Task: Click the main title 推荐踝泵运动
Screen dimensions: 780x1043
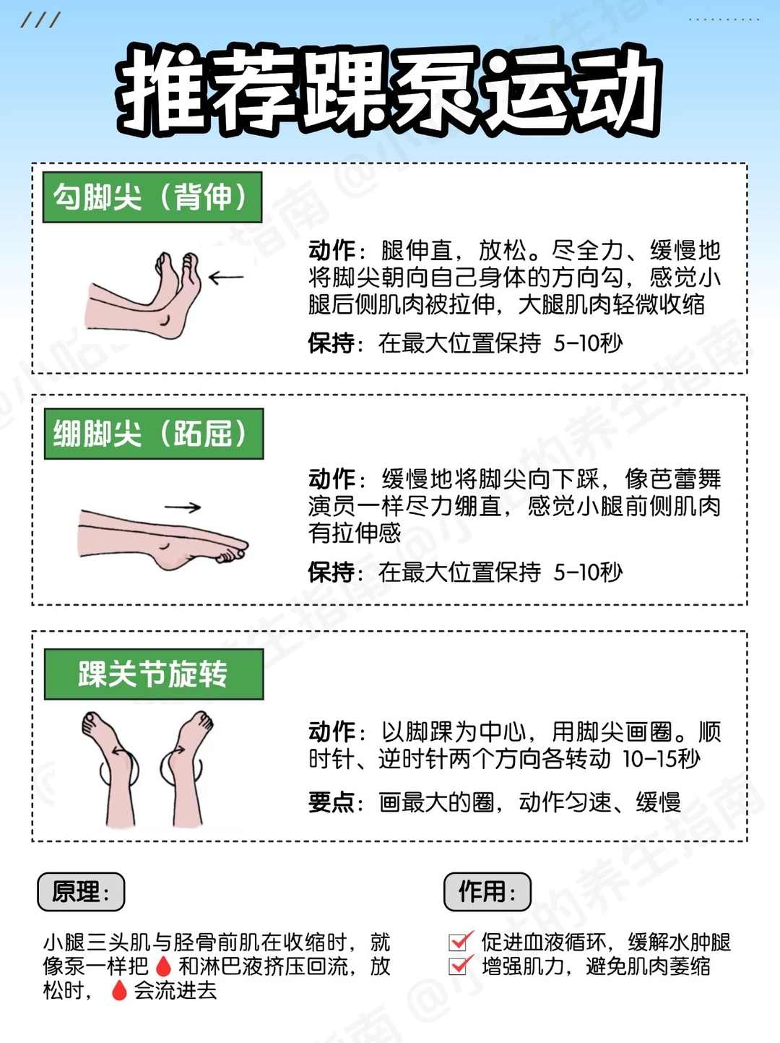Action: tap(389, 90)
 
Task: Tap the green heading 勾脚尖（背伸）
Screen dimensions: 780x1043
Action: tap(152, 197)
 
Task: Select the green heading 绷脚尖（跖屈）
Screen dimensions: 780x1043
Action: tap(154, 434)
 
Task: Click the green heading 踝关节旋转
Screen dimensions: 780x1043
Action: tap(154, 674)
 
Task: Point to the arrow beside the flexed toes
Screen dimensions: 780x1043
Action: tap(226, 277)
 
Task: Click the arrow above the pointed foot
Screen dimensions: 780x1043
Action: tap(183, 507)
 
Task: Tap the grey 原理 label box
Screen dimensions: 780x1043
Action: tap(81, 892)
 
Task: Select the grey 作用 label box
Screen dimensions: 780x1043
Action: tap(487, 892)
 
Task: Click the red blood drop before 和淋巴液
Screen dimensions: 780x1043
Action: tap(163, 966)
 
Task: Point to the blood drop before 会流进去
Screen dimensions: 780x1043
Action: tap(119, 990)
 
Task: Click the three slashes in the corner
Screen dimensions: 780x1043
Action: tap(40, 20)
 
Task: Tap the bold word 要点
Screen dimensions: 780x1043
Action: tap(331, 803)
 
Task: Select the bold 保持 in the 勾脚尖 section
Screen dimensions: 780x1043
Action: tap(331, 343)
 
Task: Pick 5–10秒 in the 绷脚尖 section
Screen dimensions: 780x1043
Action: tap(588, 572)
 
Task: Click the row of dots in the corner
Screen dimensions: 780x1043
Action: tap(724, 20)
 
